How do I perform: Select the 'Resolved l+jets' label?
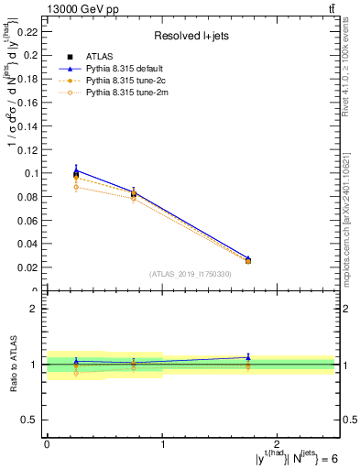click(191, 36)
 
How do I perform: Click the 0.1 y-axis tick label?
click(33, 173)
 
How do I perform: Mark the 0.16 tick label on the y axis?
click(29, 102)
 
